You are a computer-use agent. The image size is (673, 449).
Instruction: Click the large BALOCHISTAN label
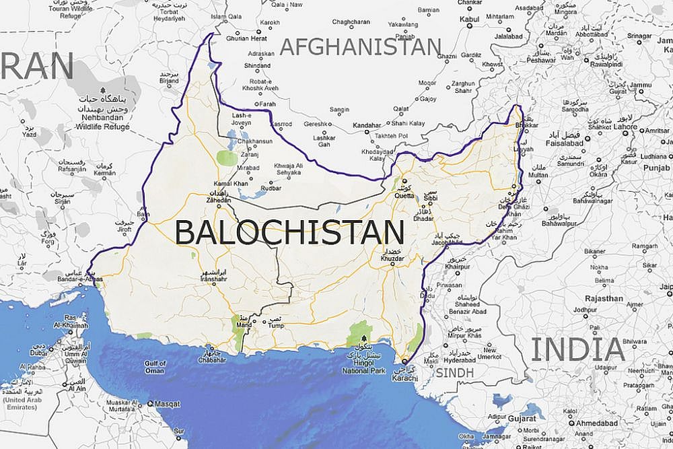(x=289, y=232)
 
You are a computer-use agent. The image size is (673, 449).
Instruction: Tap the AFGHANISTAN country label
(x=361, y=46)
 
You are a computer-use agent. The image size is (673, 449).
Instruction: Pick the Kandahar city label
(x=366, y=125)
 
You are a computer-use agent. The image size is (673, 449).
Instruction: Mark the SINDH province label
(x=454, y=372)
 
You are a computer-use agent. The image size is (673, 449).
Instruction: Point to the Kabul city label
(x=469, y=19)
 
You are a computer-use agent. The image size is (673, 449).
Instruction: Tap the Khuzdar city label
(x=392, y=258)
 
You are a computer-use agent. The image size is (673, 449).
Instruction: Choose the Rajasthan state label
(x=604, y=298)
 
